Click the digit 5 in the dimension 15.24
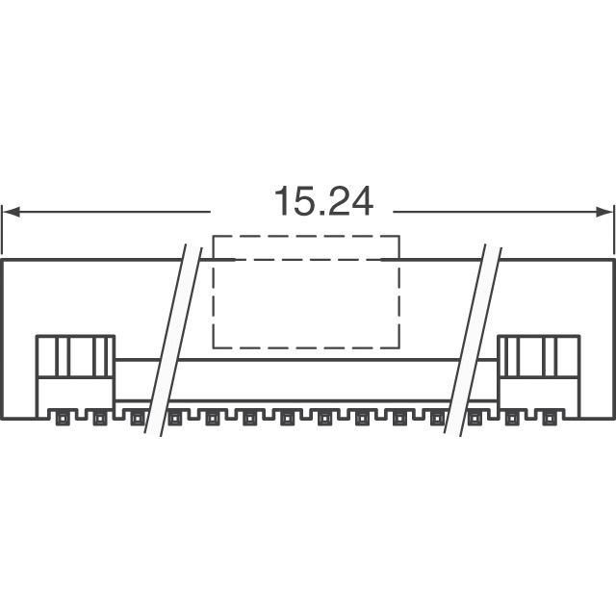coord(302,201)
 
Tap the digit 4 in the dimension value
coord(361,201)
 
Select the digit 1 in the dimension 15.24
coord(282,201)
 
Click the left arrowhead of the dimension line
coord(11,212)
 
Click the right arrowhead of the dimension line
coord(605,212)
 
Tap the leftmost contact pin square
coord(62,420)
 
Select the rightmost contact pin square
coord(548,420)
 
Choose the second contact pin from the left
coord(99,420)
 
